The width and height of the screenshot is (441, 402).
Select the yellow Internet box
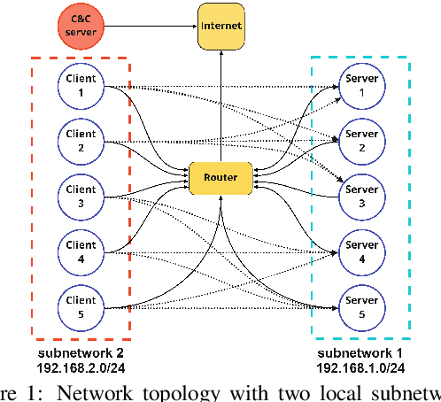[x=220, y=27]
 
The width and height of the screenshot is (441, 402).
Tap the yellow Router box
[x=220, y=178]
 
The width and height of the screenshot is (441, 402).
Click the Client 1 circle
[x=81, y=86]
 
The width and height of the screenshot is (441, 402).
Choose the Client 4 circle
[x=81, y=251]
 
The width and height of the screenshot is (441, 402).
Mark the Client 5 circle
[x=81, y=306]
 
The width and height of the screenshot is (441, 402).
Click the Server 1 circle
[x=360, y=86]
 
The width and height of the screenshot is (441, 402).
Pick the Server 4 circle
[x=360, y=251]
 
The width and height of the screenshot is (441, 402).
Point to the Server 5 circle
[x=360, y=306]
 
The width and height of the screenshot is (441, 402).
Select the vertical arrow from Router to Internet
[x=220, y=106]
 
